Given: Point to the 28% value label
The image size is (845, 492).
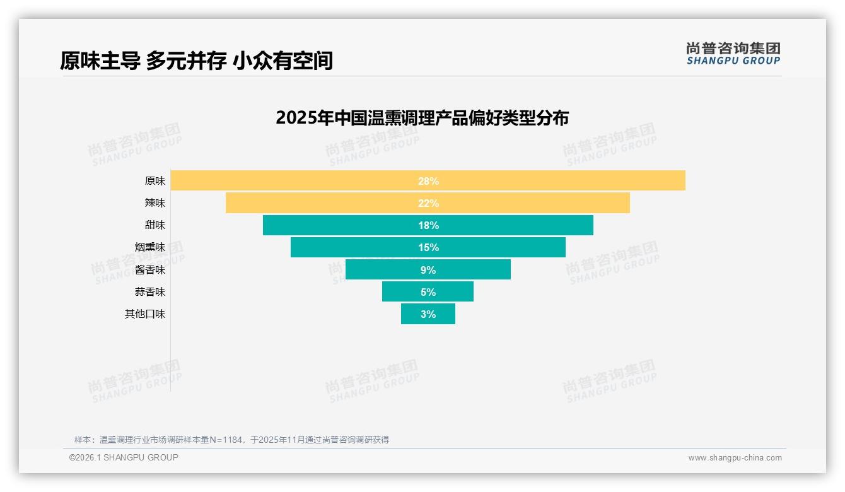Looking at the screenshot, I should click(428, 181).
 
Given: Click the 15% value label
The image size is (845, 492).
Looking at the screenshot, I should click(428, 247).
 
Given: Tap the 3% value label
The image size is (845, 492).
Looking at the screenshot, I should click(428, 314).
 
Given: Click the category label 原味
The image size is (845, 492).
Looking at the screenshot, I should click(154, 181).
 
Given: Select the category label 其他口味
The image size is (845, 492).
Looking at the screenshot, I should click(145, 314).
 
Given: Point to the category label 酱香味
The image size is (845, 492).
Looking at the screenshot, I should click(150, 270).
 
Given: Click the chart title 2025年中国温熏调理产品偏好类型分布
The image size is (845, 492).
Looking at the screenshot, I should click(422, 118).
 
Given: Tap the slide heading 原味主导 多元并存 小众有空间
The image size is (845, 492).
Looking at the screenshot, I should click(196, 61).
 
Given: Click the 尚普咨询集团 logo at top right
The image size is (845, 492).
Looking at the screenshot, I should click(733, 54).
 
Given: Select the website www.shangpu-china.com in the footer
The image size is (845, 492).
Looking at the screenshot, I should click(735, 458).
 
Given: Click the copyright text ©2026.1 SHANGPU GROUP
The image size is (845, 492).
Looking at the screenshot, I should click(124, 457).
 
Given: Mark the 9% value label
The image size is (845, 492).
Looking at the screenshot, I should click(428, 270).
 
